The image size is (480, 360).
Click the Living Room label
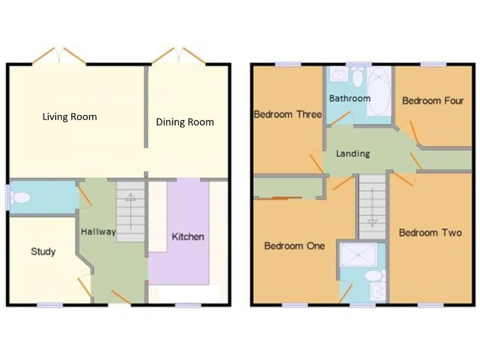click(69, 117)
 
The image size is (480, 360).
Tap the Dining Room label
click(185, 122)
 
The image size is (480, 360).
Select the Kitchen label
click(188, 237)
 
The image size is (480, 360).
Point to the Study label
click(43, 252)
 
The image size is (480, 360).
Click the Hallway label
click(98, 232)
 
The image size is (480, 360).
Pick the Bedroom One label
click(294, 246)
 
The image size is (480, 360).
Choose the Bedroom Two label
click(431, 232)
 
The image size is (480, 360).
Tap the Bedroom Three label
click(287, 114)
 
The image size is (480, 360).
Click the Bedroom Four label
click(432, 101)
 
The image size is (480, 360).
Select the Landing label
click(352, 153)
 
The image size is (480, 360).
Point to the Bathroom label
click(350, 98)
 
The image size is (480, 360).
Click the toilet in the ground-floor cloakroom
click(21, 198)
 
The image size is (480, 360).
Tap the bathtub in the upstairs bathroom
click(378, 92)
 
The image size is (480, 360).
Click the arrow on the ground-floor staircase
click(131, 198)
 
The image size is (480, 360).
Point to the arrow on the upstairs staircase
click(372, 222)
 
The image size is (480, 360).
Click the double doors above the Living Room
click(59, 56)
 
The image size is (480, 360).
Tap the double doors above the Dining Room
click(179, 56)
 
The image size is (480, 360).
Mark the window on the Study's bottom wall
click(49, 305)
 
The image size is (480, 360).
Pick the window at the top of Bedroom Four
click(432, 63)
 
